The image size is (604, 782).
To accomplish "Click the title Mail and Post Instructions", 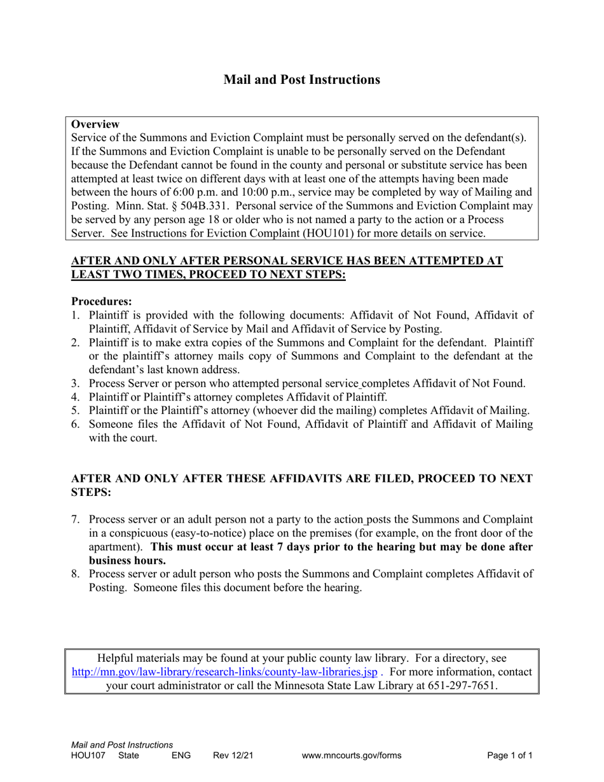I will click(x=301, y=79).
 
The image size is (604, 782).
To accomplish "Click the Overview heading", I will click(x=95, y=124).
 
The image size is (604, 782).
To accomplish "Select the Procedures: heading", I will click(x=101, y=301).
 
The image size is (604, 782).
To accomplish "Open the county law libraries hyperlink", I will click(x=224, y=672).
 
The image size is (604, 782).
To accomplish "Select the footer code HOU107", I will click(x=86, y=756).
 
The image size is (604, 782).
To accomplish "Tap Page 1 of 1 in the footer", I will click(x=510, y=756).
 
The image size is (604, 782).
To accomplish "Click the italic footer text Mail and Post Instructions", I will click(x=122, y=744).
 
